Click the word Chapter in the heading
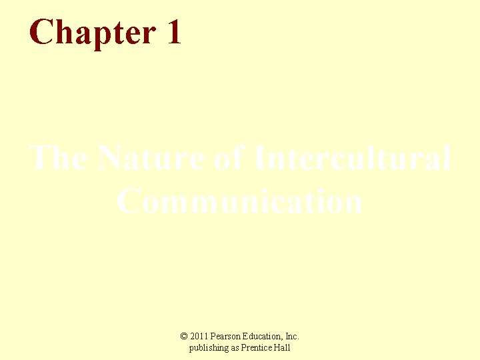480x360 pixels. click(x=91, y=32)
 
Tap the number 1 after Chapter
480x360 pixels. click(x=173, y=32)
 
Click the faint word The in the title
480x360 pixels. click(x=58, y=159)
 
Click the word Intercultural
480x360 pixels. click(x=353, y=159)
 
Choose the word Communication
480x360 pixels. click(x=240, y=201)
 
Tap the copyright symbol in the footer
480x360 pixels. click(x=185, y=337)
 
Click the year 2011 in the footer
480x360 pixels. click(x=199, y=337)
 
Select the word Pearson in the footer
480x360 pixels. click(x=227, y=337)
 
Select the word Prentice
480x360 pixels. click(x=258, y=348)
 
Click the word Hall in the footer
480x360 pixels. click(x=283, y=348)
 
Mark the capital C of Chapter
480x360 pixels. click(x=41, y=32)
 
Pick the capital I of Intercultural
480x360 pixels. click(x=262, y=159)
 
